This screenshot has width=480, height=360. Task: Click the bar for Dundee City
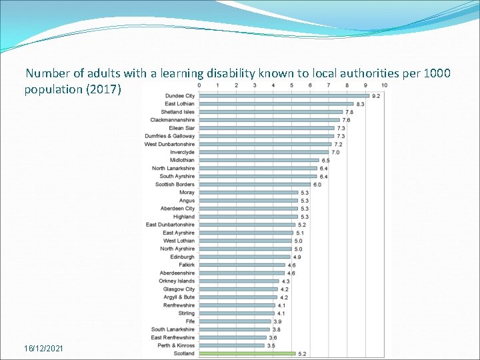point(284,95)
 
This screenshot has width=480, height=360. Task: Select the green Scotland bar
point(247,353)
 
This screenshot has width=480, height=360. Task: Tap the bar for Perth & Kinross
point(231,345)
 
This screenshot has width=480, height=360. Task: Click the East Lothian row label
point(180,104)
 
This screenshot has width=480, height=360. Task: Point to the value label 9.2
point(376,96)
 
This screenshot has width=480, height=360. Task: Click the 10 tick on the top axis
point(384,85)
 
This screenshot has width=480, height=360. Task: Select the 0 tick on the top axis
point(199,85)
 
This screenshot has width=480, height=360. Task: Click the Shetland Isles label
point(177,112)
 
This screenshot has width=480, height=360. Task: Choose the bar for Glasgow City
point(238,289)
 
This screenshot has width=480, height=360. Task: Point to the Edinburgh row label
point(182,257)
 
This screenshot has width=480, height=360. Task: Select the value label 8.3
point(360,104)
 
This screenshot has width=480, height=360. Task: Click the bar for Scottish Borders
point(255,184)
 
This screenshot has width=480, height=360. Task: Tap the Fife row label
point(190,321)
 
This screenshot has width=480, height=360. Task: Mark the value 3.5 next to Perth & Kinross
point(271,345)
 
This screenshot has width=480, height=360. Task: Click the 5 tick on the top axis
point(291,85)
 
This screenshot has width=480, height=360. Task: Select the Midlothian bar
point(259,160)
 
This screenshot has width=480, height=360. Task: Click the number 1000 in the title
point(437,73)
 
